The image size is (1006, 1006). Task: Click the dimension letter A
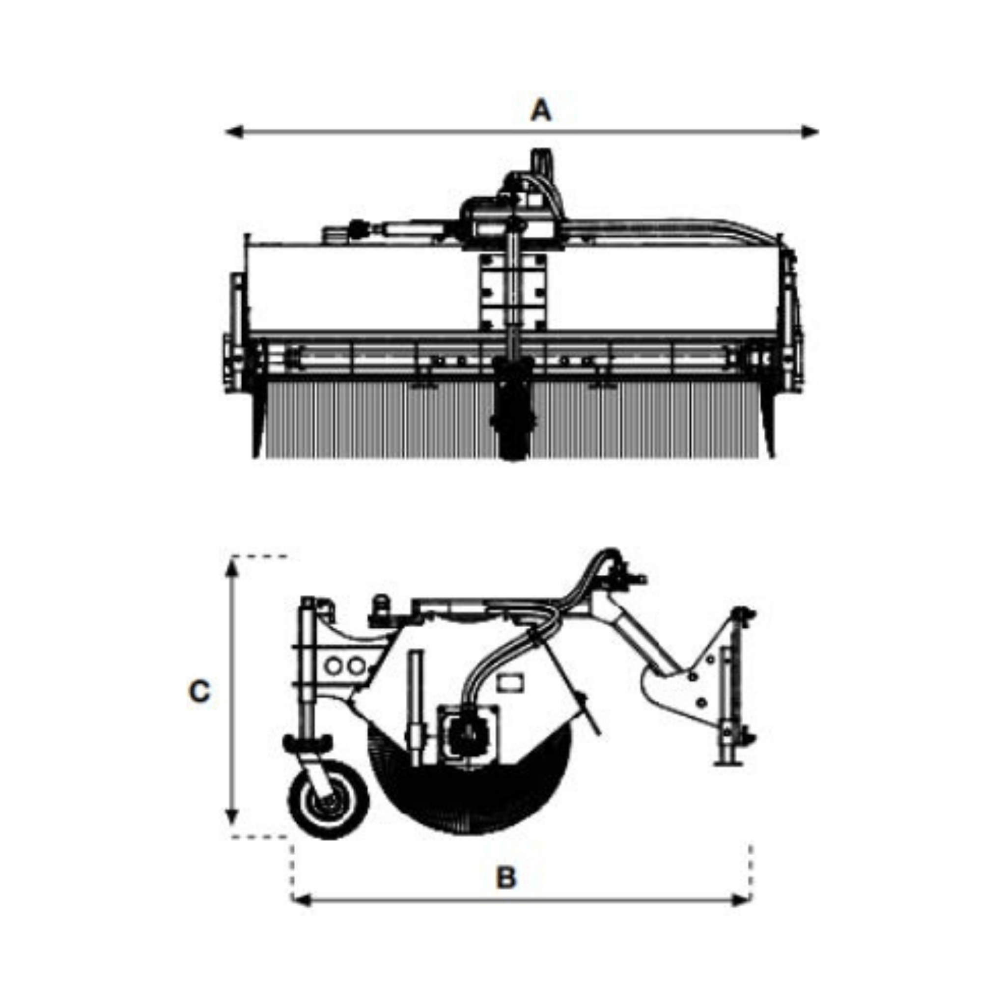(x=540, y=111)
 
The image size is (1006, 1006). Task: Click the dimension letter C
(x=199, y=692)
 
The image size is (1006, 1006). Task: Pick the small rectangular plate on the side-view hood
(x=510, y=682)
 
